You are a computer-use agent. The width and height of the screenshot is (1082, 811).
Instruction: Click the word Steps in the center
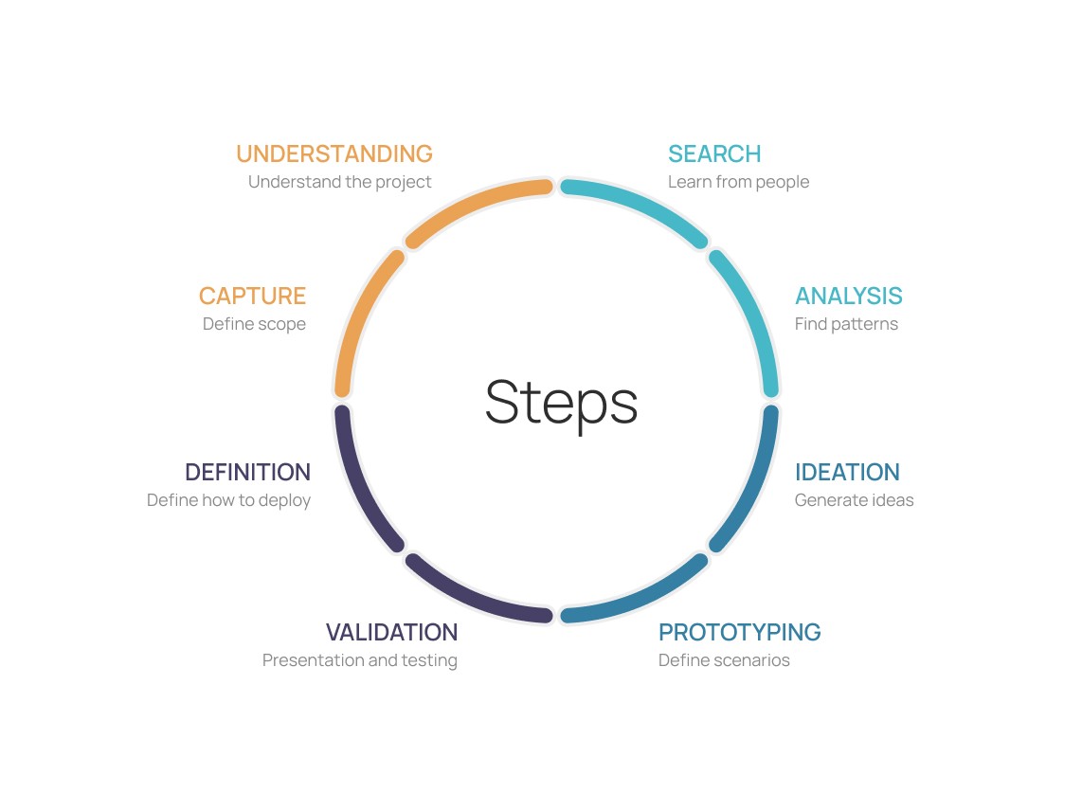561,403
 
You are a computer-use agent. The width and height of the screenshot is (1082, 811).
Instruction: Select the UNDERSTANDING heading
334,154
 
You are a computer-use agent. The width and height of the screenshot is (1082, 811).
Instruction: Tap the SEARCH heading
714,154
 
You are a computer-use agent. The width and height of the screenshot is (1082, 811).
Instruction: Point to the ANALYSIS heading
848,297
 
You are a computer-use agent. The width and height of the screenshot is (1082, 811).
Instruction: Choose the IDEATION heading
847,473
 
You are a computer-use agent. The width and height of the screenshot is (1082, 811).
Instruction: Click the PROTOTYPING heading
739,632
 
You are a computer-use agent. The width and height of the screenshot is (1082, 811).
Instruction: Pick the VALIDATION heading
391,632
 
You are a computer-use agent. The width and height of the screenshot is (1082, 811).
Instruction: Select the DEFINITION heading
247,473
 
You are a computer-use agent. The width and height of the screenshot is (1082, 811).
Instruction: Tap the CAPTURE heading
252,297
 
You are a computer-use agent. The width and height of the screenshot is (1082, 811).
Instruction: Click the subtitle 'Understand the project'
339,182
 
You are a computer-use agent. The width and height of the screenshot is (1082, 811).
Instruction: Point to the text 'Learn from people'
738,182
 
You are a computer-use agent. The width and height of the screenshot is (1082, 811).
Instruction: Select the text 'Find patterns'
846,324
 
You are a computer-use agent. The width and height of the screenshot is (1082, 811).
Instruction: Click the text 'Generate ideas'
854,500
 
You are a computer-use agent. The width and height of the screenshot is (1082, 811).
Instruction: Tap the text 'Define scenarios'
724,660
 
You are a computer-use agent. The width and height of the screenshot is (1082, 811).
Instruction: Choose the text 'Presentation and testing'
359,660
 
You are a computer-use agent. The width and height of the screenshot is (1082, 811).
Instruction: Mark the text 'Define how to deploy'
228,500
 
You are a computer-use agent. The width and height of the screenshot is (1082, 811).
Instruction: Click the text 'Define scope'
254,324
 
